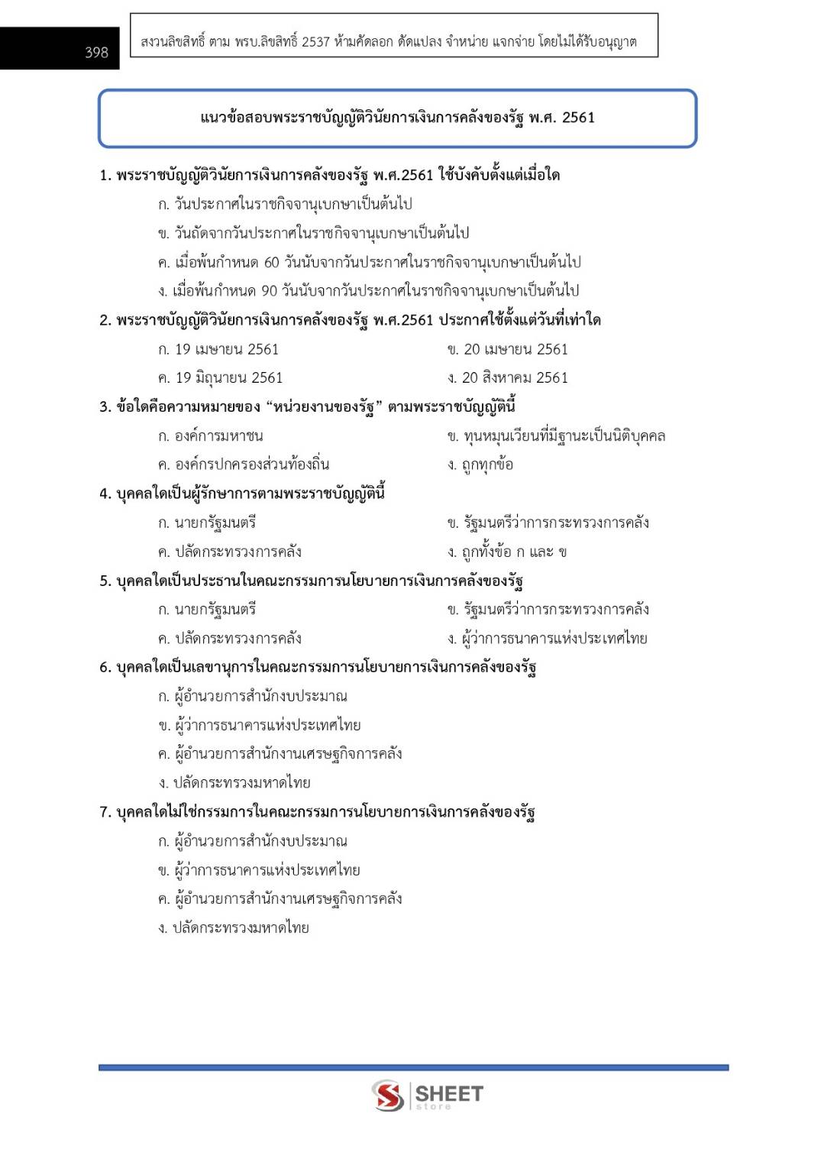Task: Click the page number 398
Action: (96, 52)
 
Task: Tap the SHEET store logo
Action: (428, 1096)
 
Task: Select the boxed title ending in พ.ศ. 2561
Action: (397, 118)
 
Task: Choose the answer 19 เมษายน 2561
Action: (218, 349)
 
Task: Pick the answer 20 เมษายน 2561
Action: (508, 349)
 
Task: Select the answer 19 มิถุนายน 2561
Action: (220, 377)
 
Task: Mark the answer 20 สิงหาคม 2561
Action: (508, 377)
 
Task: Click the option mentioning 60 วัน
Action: (369, 262)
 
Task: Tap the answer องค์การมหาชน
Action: (211, 435)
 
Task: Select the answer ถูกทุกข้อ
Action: (480, 464)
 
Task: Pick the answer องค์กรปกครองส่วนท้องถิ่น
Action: (244, 464)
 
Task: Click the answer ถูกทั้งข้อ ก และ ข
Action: (507, 552)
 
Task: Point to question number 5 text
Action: (311, 581)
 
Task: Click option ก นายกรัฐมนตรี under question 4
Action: (207, 523)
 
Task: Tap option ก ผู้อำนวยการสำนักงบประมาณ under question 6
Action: (253, 696)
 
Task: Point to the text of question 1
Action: (329, 175)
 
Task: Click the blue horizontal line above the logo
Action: (413, 1067)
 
